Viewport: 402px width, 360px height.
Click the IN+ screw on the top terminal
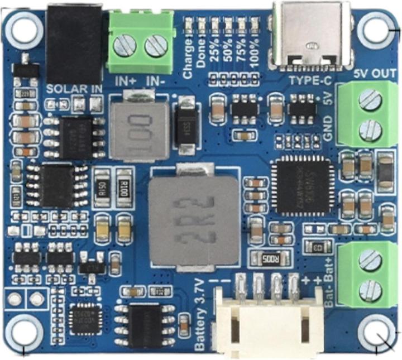127,45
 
